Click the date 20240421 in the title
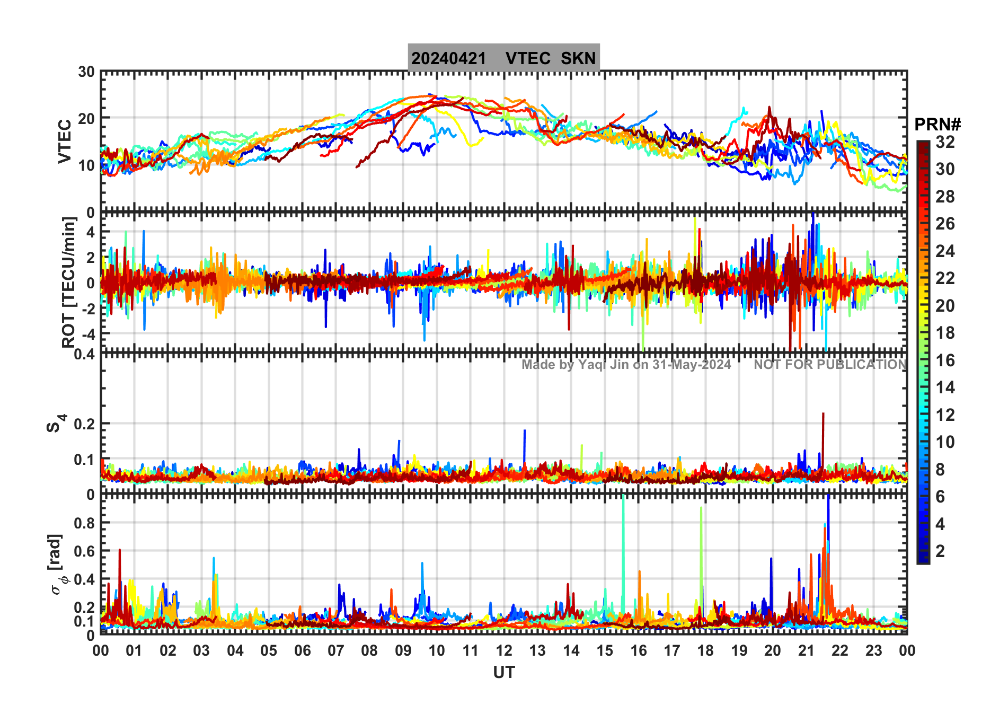pos(448,58)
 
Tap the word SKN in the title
pos(578,58)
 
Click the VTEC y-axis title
pos(65,141)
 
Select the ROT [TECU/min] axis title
pos(69,282)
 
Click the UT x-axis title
pos(503,672)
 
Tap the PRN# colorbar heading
pos(938,125)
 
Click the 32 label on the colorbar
pos(945,142)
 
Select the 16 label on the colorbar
pos(945,360)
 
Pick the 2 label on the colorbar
pos(940,551)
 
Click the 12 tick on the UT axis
pos(504,650)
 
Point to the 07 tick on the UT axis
pos(336,650)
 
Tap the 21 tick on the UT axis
pos(806,650)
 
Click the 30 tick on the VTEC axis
pos(86,72)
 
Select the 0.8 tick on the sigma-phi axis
pos(84,523)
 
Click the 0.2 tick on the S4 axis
pos(84,424)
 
